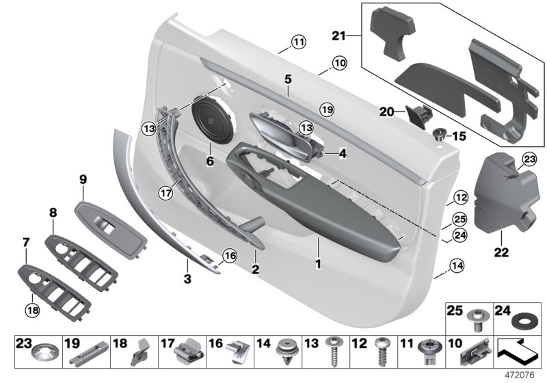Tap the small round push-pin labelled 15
pyautogui.click(x=438, y=134)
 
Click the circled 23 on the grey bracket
pyautogui.click(x=528, y=159)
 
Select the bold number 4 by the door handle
pyautogui.click(x=343, y=155)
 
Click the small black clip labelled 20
pyautogui.click(x=416, y=113)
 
